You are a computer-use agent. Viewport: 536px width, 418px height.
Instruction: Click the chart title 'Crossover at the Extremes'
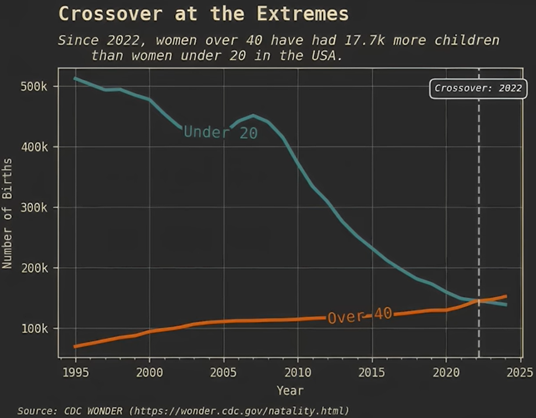pyautogui.click(x=204, y=13)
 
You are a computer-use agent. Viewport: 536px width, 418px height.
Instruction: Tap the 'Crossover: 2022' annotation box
pyautogui.click(x=478, y=88)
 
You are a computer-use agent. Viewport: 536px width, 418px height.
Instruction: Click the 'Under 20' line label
pyautogui.click(x=220, y=132)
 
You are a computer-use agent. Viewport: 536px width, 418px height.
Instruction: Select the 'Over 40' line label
pyautogui.click(x=360, y=316)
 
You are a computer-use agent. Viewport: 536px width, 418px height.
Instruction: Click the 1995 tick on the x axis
pyautogui.click(x=75, y=371)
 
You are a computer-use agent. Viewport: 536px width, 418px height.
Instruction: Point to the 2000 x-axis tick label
pyautogui.click(x=149, y=371)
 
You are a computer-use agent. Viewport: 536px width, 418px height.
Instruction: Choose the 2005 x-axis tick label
pyautogui.click(x=223, y=371)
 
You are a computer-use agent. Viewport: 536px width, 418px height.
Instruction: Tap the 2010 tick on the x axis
pyautogui.click(x=298, y=371)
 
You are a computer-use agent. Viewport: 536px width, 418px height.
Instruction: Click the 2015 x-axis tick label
pyautogui.click(x=372, y=371)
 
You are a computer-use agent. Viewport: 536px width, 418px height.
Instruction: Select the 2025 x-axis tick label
pyautogui.click(x=520, y=371)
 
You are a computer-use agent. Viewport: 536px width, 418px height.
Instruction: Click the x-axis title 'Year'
pyautogui.click(x=290, y=391)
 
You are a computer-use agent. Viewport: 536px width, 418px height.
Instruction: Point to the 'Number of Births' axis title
pyautogui.click(x=7, y=213)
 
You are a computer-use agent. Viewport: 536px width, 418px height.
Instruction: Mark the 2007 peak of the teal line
pyautogui.click(x=253, y=115)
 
